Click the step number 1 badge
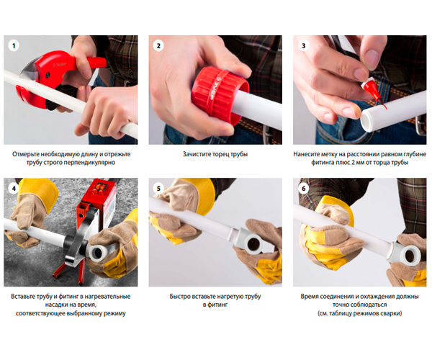[x=14, y=45]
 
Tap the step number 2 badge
[x=158, y=45]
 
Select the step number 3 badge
[x=303, y=45]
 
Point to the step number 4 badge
[x=14, y=189]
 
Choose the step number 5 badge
[x=158, y=189]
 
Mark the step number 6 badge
[x=303, y=189]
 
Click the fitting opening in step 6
[x=410, y=256]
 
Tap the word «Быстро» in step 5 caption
[x=180, y=297]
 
